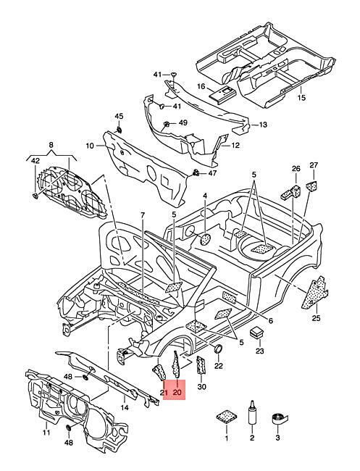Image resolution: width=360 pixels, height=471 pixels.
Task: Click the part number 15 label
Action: click(x=301, y=97)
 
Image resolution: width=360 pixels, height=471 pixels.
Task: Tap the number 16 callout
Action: click(x=201, y=86)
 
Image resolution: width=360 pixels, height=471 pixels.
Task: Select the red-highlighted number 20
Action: click(x=177, y=392)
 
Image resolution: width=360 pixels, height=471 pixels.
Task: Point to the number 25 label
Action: click(x=316, y=318)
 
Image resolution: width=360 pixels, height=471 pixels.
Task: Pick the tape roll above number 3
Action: click(x=278, y=418)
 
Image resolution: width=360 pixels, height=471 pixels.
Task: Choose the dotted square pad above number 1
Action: click(x=227, y=417)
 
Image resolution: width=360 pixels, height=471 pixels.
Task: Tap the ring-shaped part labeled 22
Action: click(x=218, y=349)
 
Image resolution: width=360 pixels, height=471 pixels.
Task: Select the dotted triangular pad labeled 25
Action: click(x=314, y=293)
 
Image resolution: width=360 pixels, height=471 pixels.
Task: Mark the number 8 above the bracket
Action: click(x=51, y=145)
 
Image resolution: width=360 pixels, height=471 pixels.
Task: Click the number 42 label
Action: click(x=35, y=161)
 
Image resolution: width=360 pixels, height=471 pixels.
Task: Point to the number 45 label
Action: click(x=119, y=116)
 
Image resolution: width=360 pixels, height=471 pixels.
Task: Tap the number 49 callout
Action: click(x=183, y=122)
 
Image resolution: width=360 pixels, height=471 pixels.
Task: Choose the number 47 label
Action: click(x=212, y=173)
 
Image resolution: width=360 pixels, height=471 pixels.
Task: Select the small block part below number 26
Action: click(x=290, y=192)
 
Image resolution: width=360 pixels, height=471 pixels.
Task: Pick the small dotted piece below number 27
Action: click(x=312, y=186)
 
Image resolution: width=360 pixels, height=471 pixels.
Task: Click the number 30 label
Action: click(x=202, y=387)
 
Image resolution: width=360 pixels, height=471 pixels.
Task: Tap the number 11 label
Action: click(x=46, y=433)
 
